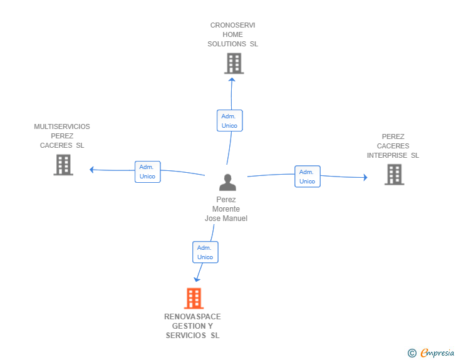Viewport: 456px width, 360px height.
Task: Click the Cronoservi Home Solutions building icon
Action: [234, 63]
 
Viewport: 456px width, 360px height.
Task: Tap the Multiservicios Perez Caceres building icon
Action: [63, 165]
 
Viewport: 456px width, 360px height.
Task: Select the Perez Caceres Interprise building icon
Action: [394, 175]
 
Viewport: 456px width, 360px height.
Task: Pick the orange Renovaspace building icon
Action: [194, 299]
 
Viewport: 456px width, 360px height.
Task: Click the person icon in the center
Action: [227, 182]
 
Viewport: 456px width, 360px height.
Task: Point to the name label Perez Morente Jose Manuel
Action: [226, 209]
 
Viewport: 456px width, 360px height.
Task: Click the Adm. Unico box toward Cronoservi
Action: [229, 121]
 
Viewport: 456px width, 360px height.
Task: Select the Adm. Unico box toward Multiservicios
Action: [147, 172]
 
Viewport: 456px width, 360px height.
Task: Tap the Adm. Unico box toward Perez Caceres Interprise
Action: [307, 177]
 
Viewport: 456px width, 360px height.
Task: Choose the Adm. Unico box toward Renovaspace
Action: [205, 252]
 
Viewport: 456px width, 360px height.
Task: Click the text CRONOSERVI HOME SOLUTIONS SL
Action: [233, 34]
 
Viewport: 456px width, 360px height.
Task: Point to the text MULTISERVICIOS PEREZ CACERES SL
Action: [62, 136]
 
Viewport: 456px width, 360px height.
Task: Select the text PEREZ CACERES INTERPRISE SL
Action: [393, 146]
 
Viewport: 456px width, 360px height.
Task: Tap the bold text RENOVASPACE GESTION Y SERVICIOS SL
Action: [193, 326]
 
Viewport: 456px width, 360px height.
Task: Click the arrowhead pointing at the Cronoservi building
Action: [232, 79]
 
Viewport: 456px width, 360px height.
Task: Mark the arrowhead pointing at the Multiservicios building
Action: [92, 169]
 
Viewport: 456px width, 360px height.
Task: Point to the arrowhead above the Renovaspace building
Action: [198, 279]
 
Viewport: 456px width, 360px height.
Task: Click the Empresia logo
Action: [437, 353]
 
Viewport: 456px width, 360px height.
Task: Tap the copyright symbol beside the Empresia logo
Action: [412, 353]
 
